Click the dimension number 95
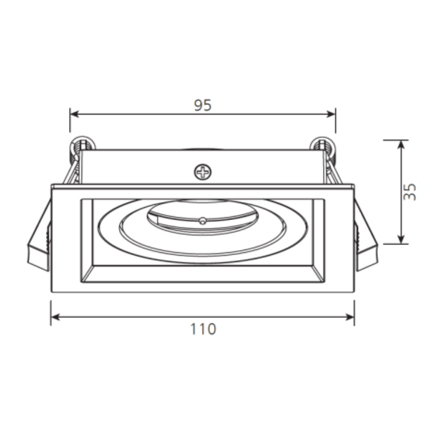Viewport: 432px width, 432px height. tap(203, 105)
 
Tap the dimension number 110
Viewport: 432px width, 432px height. tap(203, 329)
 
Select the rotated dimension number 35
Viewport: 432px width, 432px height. tap(410, 192)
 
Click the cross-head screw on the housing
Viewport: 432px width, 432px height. tap(203, 172)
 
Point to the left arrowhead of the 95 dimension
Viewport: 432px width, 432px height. tap(74, 114)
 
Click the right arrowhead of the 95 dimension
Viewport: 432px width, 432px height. tap(331, 114)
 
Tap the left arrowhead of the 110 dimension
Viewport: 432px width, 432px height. tap(55, 317)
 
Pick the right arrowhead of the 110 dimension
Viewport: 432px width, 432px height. tap(350, 317)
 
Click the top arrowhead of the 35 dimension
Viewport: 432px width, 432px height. tap(402, 145)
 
